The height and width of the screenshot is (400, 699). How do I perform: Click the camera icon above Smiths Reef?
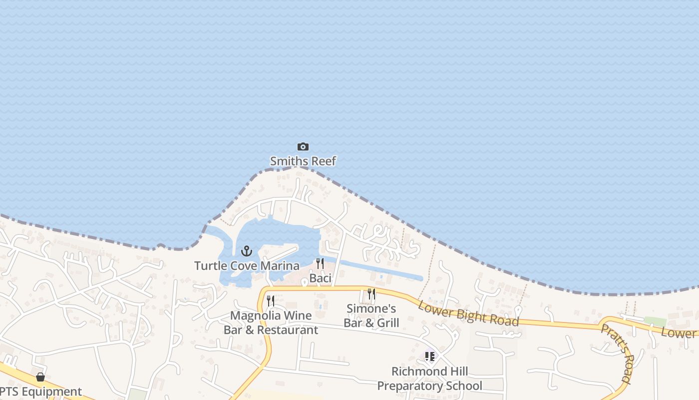click(x=303, y=147)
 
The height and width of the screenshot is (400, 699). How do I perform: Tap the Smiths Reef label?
click(x=303, y=161)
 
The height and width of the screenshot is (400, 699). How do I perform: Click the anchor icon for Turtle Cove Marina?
click(x=247, y=251)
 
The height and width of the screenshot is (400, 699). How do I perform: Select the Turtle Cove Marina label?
click(x=247, y=265)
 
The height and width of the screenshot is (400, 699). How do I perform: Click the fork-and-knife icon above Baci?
click(x=320, y=263)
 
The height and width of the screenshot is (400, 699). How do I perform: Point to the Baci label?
click(x=320, y=278)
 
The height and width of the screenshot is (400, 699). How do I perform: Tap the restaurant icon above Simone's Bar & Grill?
click(x=371, y=294)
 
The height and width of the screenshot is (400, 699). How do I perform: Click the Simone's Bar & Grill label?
click(x=371, y=315)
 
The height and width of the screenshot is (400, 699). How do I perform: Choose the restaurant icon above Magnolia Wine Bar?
click(x=271, y=301)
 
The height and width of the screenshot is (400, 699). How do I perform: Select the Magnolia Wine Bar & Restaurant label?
click(x=271, y=322)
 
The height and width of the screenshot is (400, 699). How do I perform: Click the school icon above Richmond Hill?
click(x=429, y=356)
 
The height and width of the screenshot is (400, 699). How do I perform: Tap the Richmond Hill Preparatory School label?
click(x=429, y=378)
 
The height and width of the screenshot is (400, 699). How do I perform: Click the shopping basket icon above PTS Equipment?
click(x=40, y=376)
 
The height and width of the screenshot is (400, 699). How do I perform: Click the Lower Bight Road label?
click(x=468, y=313)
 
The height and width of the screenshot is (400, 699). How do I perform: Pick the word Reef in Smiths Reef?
click(x=323, y=161)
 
